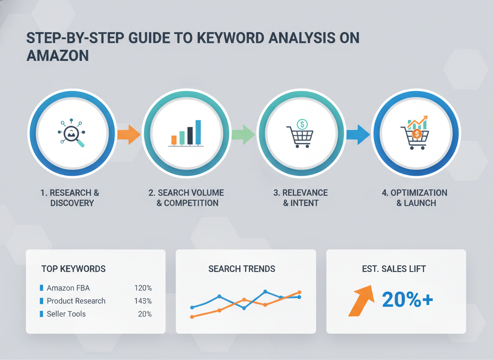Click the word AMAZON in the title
[57, 55]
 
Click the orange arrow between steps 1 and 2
[129, 134]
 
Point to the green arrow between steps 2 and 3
[243, 134]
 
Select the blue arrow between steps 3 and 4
[358, 134]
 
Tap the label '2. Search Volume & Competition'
[187, 198]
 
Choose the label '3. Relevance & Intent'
[301, 198]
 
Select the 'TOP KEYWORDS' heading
[73, 269]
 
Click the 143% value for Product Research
[143, 301]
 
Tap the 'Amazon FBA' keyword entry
[68, 288]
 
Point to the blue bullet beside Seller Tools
[41, 314]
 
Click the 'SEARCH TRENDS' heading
[242, 269]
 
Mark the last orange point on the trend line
[299, 292]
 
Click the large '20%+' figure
[407, 299]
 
